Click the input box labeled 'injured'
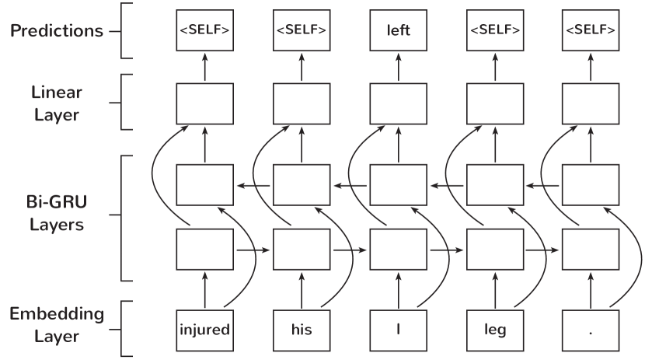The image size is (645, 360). pyautogui.click(x=204, y=330)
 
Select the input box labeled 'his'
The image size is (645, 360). pyautogui.click(x=302, y=330)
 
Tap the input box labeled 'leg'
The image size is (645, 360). pyautogui.click(x=494, y=330)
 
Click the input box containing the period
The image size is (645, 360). pyautogui.click(x=591, y=330)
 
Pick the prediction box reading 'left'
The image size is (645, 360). pyautogui.click(x=398, y=31)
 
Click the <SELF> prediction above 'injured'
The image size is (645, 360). pyautogui.click(x=204, y=31)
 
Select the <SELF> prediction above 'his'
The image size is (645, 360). pyautogui.click(x=302, y=31)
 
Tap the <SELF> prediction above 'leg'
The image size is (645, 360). pyautogui.click(x=494, y=31)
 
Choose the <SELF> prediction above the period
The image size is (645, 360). pyautogui.click(x=591, y=31)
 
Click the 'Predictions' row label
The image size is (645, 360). pyautogui.click(x=56, y=31)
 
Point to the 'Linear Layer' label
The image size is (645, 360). pyautogui.click(x=57, y=103)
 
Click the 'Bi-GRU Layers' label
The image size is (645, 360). pyautogui.click(x=56, y=214)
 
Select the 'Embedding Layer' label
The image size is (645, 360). pyautogui.click(x=56, y=325)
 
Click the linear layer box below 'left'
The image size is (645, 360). pyautogui.click(x=398, y=103)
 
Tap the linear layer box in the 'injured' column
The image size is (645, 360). pyautogui.click(x=204, y=103)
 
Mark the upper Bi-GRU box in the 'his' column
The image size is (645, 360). pyautogui.click(x=302, y=184)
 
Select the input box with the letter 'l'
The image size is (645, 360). pyautogui.click(x=398, y=330)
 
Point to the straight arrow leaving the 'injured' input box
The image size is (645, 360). pyautogui.click(x=204, y=290)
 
